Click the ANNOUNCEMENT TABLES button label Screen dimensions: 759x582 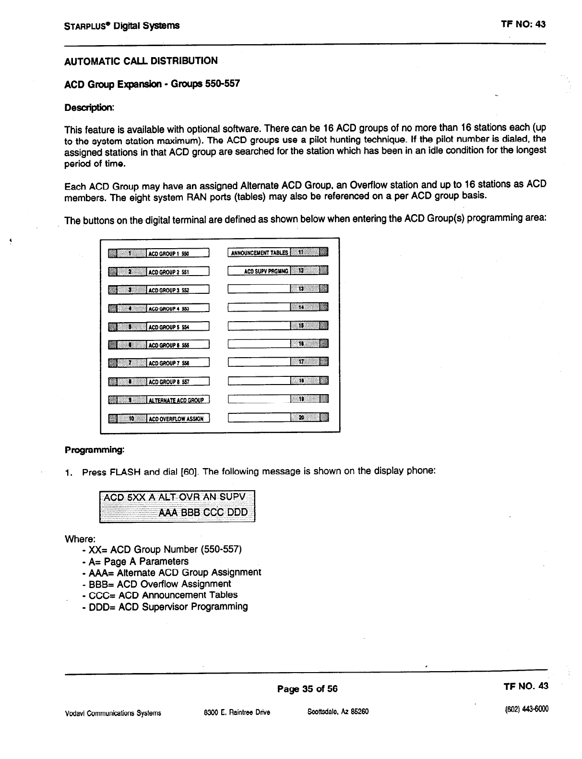tap(259, 253)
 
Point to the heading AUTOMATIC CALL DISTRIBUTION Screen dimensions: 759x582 tap(141, 61)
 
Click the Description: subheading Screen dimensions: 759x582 tap(89, 107)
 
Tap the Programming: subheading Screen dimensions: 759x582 tap(95, 450)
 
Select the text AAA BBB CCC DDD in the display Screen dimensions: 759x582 tap(203, 512)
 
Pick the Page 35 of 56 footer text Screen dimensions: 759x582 tap(307, 689)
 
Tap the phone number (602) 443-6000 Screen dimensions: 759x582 tap(527, 709)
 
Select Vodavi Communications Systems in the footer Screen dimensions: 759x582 tap(113, 713)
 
